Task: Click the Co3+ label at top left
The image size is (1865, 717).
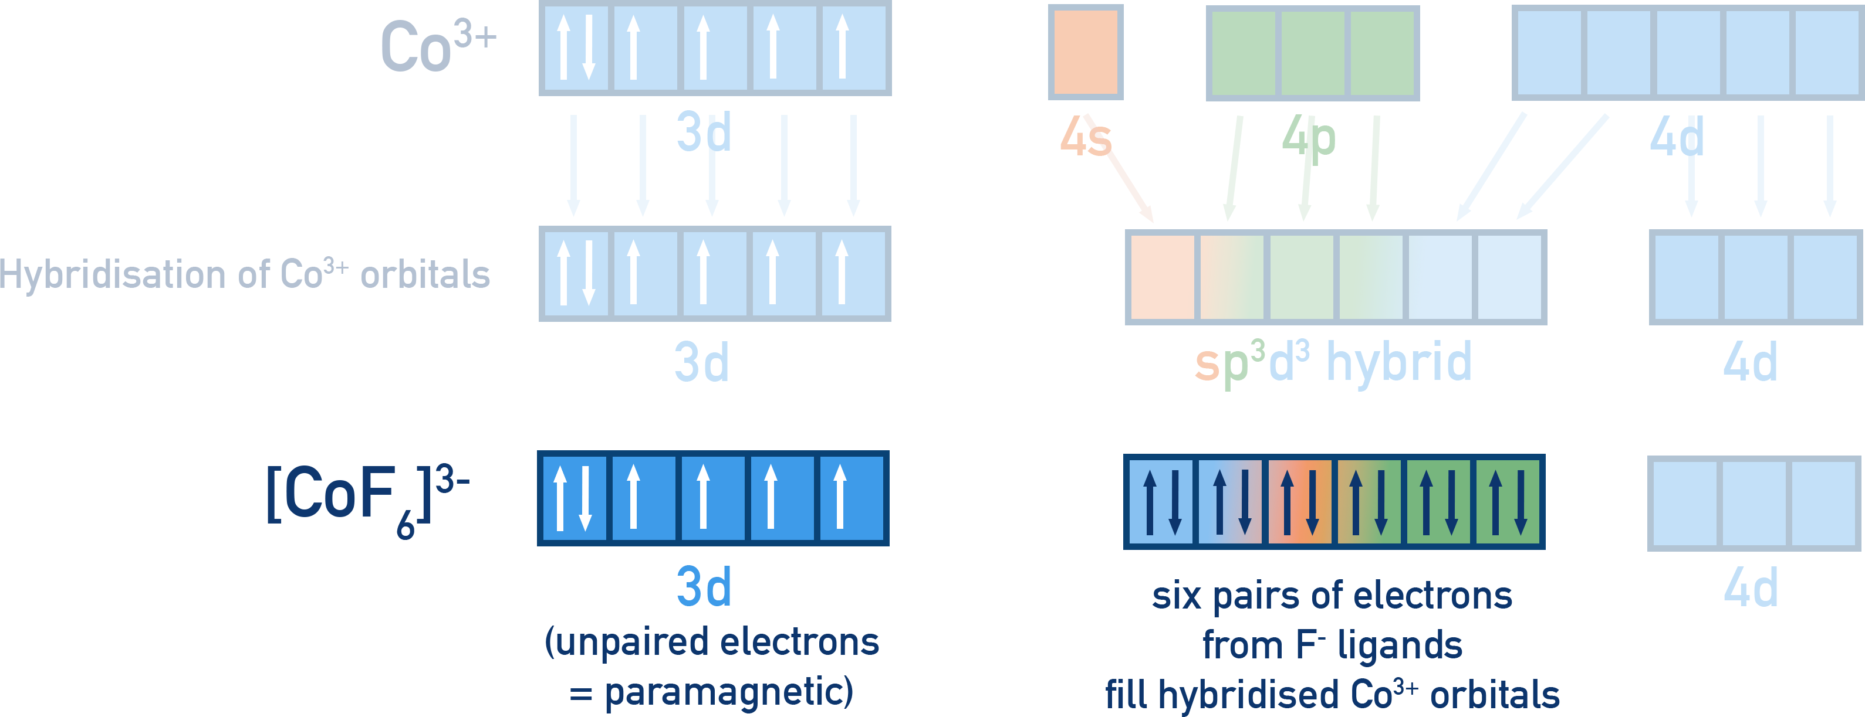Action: (438, 47)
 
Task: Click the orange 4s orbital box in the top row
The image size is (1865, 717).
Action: (1085, 52)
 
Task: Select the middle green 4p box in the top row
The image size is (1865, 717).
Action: (1313, 53)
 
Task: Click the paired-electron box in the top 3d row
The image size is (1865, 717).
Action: (575, 47)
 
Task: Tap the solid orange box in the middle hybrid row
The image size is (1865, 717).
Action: (1162, 277)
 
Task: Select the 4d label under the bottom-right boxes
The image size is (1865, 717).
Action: (1750, 588)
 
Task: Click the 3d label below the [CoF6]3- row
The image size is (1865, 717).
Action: (703, 587)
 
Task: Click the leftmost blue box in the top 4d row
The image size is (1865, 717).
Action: (1549, 53)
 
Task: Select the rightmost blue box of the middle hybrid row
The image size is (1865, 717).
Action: (1509, 277)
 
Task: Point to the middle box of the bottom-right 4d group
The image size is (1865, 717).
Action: (1754, 504)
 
